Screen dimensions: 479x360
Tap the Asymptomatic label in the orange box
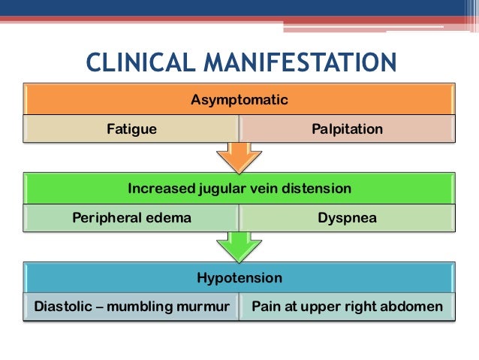[239, 99]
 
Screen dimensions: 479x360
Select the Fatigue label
[131, 129]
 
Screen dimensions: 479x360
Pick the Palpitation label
[347, 129]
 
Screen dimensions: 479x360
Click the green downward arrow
[239, 246]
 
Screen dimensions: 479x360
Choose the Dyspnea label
[347, 218]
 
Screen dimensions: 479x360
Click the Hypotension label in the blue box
[239, 278]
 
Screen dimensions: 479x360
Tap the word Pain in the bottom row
[266, 307]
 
